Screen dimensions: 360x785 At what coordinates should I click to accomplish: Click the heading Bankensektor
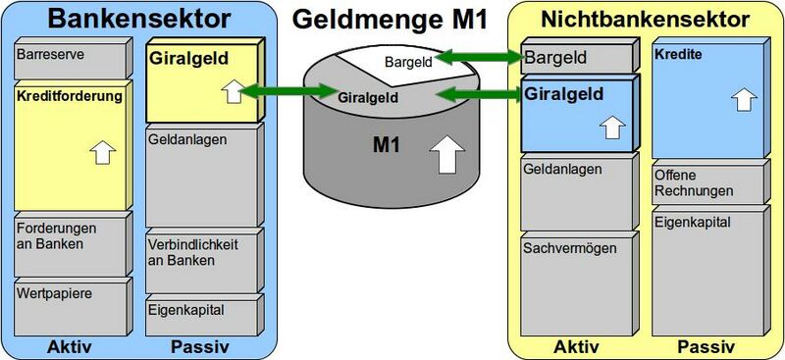pos(138,19)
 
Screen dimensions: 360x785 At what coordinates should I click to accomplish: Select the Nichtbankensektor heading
pos(645,19)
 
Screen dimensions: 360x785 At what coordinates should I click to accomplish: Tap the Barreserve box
pos(69,58)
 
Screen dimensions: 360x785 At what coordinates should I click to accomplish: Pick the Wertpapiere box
pos(69,304)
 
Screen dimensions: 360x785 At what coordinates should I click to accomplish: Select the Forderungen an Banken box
pos(69,243)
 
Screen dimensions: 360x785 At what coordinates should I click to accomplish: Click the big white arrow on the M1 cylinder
pos(447,154)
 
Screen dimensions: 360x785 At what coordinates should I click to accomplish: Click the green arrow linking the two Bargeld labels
pos(478,60)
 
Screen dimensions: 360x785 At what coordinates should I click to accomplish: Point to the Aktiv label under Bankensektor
pos(70,346)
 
